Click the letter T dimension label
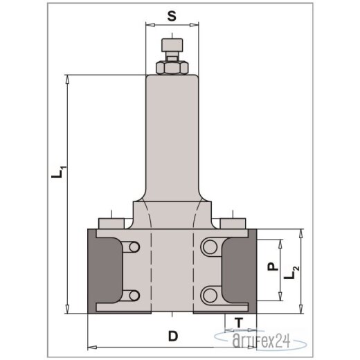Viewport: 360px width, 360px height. pyautogui.click(x=239, y=322)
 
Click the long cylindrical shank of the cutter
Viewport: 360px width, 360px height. pyautogui.click(x=170, y=132)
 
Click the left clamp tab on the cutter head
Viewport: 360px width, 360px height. pyautogui.click(x=111, y=224)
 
